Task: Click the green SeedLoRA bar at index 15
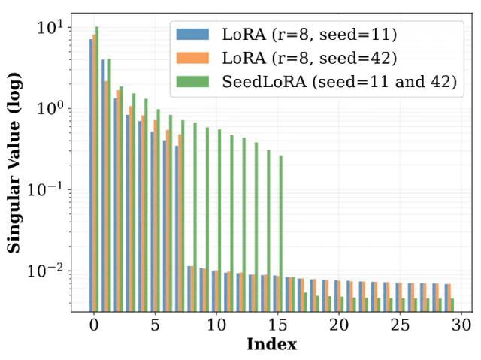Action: [280, 234]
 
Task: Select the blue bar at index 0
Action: [91, 175]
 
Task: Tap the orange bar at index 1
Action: [106, 196]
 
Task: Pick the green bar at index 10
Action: [219, 221]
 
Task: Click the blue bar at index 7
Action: [177, 228]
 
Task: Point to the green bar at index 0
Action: [97, 169]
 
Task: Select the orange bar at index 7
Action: [180, 223]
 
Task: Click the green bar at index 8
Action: [195, 217]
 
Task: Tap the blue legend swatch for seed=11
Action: [192, 34]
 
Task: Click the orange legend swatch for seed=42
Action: [192, 58]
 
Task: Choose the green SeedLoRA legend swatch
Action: [192, 82]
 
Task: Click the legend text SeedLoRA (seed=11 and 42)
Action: [340, 82]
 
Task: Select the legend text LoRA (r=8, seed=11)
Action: [310, 34]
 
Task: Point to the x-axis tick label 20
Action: [339, 325]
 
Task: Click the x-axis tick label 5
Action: [156, 325]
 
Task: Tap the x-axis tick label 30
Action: [461, 325]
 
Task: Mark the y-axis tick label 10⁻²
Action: [45, 270]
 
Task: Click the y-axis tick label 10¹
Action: [50, 28]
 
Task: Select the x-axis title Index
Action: [272, 344]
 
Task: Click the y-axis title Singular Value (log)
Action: [14, 162]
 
